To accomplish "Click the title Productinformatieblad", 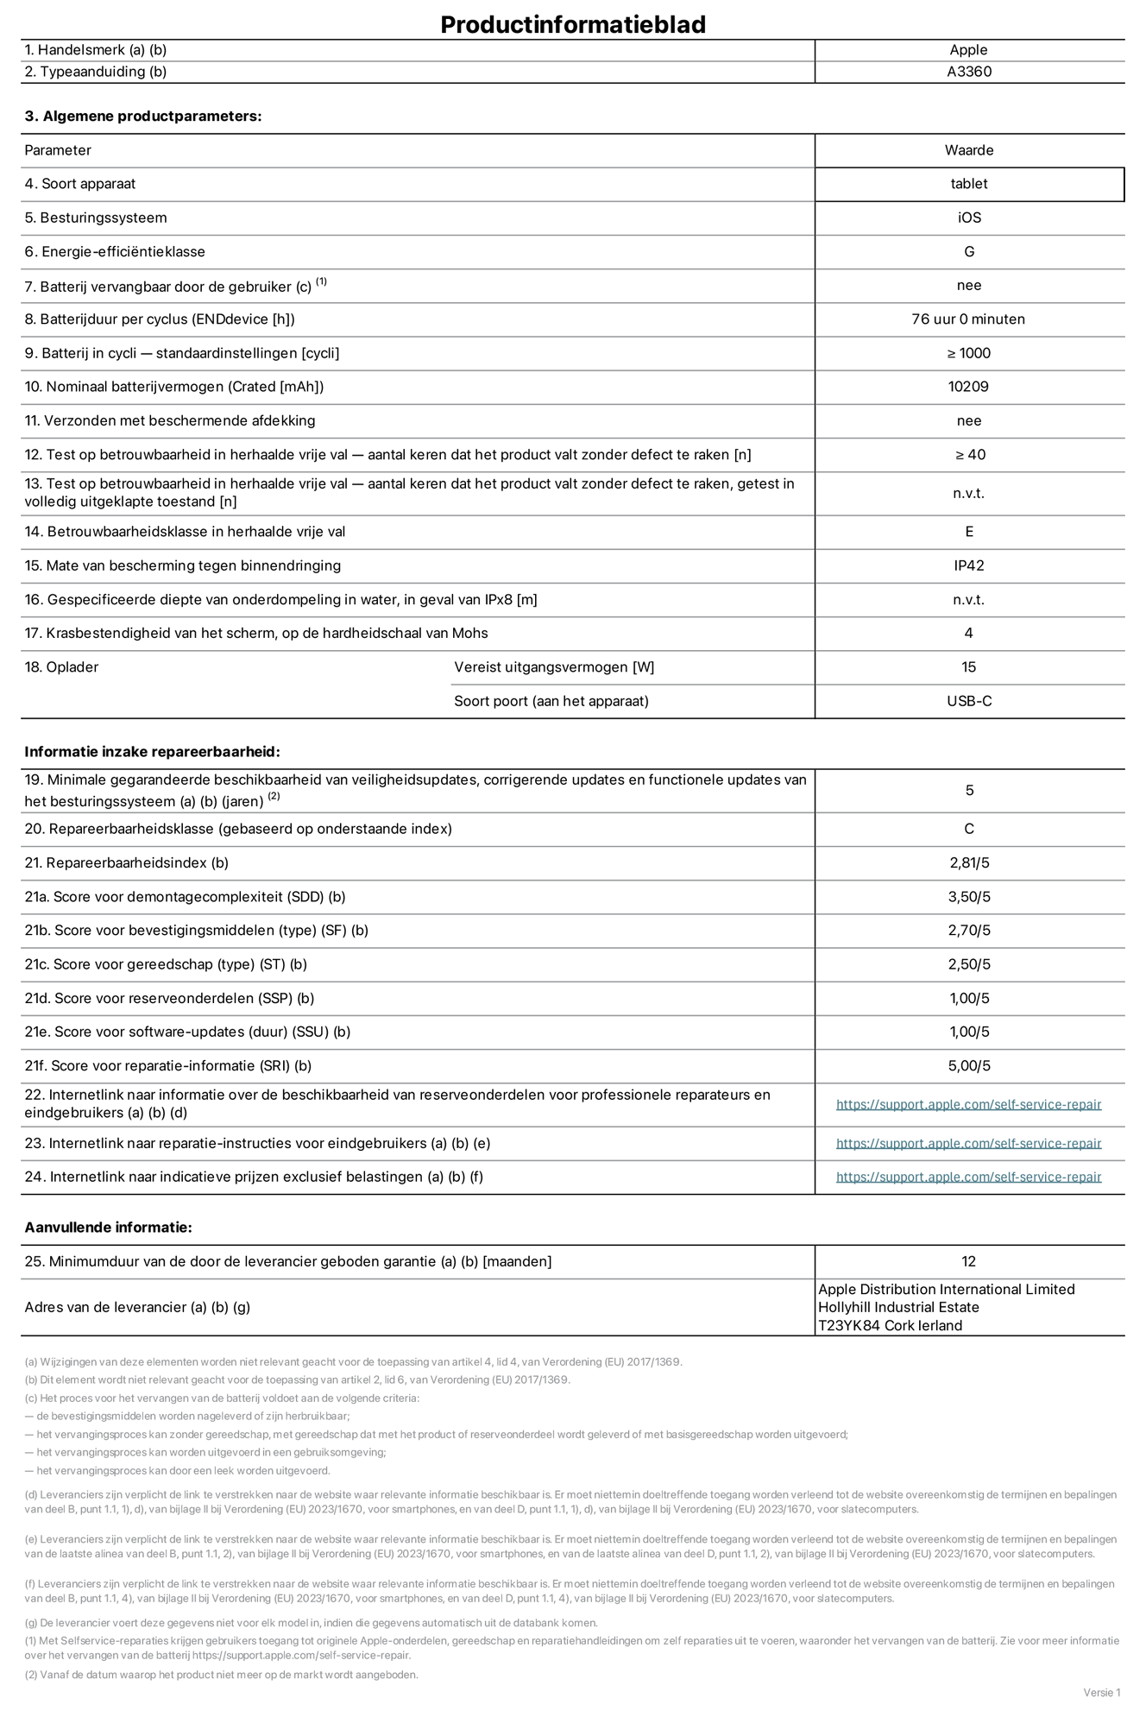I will coord(573,24).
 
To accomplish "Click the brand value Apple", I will coord(968,50).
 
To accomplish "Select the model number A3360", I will coord(968,72).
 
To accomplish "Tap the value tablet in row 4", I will coord(968,184).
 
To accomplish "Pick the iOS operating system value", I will coord(968,218).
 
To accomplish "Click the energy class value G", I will coord(968,251).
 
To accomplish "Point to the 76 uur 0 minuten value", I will coord(968,319).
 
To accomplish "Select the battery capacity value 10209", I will coord(968,387).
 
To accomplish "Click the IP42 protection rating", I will coord(968,565).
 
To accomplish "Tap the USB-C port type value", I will coord(968,701).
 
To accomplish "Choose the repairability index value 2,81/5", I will coord(968,862).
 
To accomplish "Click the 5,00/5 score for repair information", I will coord(968,1065).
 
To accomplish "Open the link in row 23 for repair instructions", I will coord(968,1143).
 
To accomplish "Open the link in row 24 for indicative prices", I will coord(968,1177).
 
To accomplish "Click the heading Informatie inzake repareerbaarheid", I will coord(152,752).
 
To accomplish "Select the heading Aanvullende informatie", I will coord(108,1228).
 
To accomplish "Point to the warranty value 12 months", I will coord(968,1261).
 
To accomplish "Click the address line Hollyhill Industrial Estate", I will coord(898,1307).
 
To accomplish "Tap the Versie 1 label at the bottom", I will coord(1101,1692).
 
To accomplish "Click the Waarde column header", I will coord(968,150).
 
